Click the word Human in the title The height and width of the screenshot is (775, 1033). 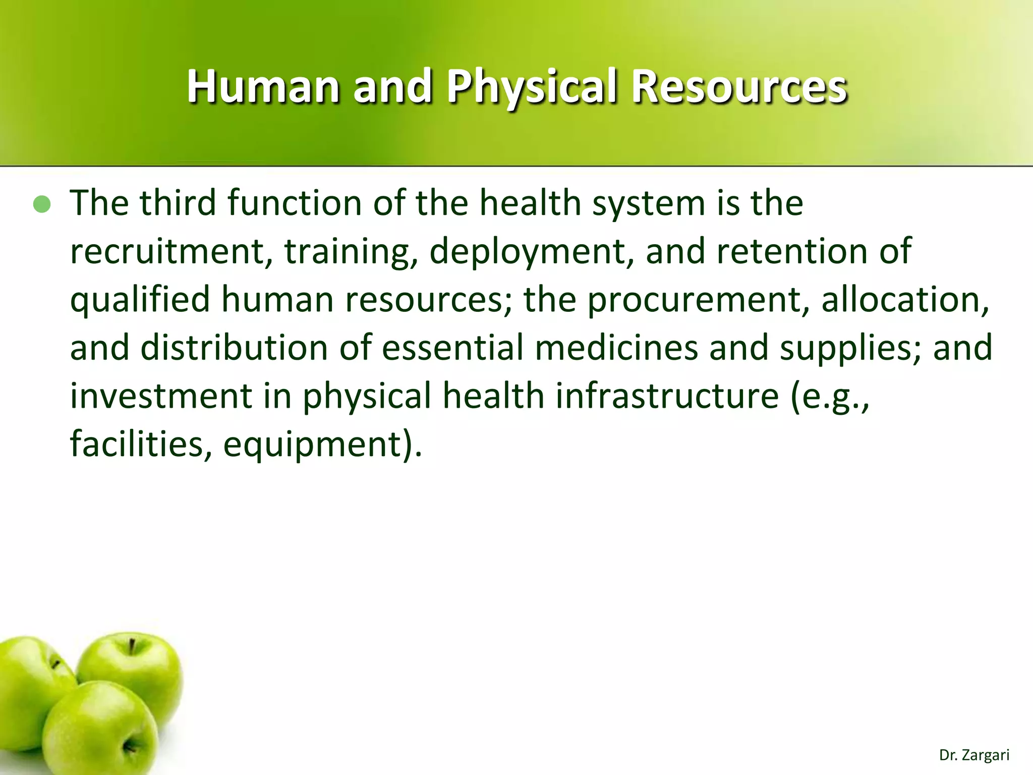point(263,87)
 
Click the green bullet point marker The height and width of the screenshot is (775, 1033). point(42,204)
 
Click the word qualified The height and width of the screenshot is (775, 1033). point(140,299)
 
